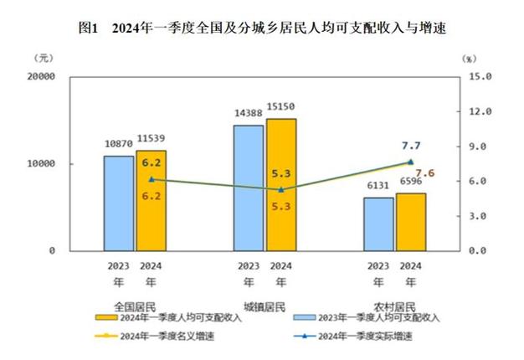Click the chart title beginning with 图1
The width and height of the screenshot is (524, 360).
[262, 28]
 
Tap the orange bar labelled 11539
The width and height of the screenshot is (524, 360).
[151, 201]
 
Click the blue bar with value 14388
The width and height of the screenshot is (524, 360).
[248, 188]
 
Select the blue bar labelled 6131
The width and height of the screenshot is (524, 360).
[378, 224]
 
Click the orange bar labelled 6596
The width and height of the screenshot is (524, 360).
[411, 222]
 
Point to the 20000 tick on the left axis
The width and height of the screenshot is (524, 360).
[40, 76]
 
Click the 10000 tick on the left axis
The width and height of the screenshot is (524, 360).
[40, 164]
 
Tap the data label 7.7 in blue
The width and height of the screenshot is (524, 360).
[411, 145]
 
